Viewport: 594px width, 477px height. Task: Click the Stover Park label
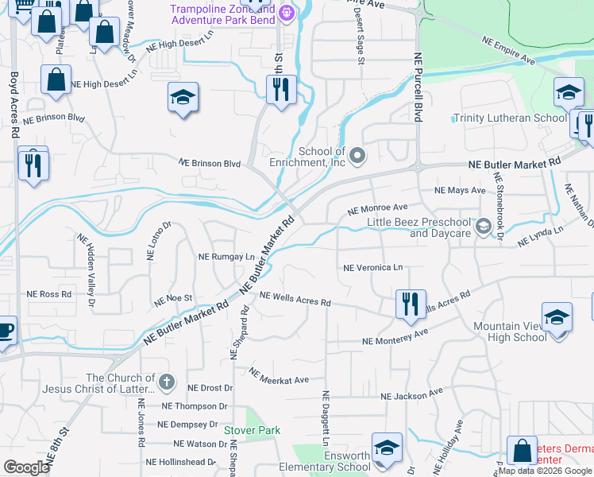252,430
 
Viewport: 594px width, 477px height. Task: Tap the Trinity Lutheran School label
510,118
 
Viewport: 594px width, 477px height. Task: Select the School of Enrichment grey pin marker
357,155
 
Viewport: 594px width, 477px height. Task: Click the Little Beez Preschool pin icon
482,227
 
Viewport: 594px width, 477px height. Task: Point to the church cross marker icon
166,383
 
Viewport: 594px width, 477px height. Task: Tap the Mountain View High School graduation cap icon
557,318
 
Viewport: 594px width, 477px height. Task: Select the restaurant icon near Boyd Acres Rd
33,165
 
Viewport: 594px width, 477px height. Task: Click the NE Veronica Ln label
372,269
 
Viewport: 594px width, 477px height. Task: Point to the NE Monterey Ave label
395,337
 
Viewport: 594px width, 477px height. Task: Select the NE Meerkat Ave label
278,376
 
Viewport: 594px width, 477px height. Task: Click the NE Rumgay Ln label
226,257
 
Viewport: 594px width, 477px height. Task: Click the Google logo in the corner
26,467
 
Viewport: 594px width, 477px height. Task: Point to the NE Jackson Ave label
411,395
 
